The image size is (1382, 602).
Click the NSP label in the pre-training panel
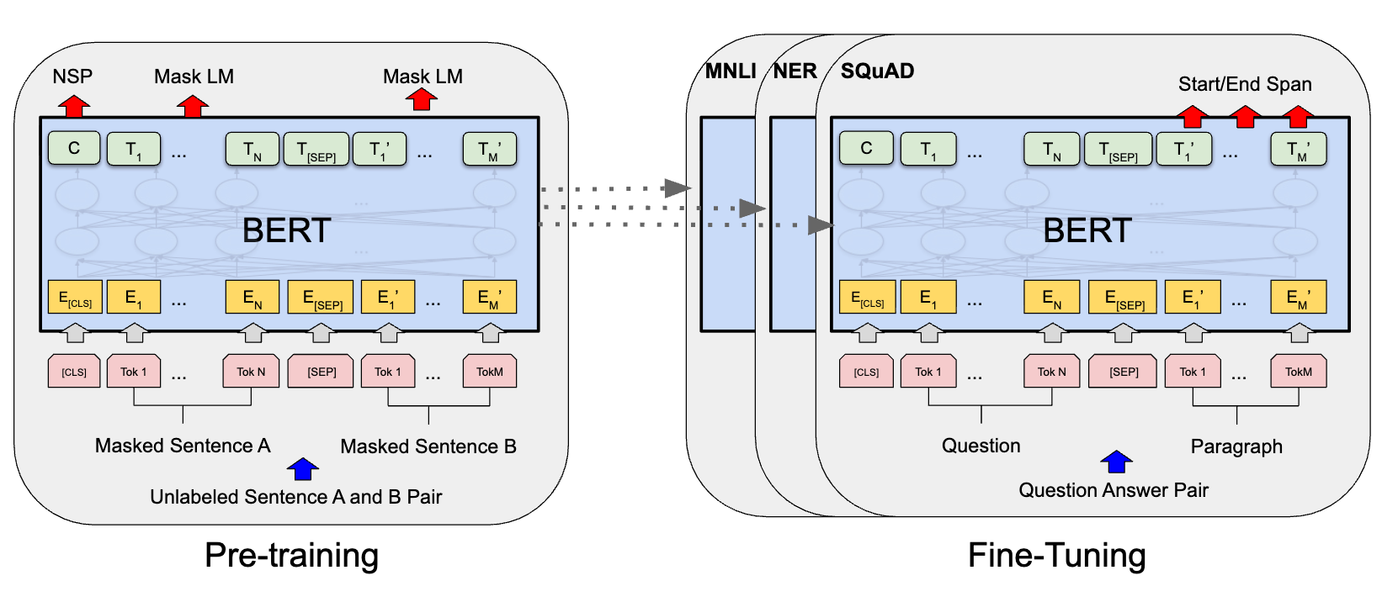[x=72, y=77]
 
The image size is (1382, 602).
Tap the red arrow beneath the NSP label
[x=74, y=106]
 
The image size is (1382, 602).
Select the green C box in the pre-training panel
[x=74, y=148]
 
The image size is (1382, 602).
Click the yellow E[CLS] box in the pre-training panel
[x=75, y=297]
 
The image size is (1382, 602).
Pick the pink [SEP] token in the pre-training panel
[x=321, y=372]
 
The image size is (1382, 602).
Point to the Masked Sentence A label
[x=183, y=446]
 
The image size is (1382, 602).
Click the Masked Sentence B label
[x=428, y=446]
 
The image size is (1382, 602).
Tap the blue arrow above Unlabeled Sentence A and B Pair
[x=303, y=469]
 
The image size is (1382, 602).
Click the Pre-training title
[x=291, y=555]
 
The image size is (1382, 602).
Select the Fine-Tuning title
[x=1057, y=555]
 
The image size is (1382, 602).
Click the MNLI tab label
[x=731, y=71]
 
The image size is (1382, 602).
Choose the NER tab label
[x=795, y=71]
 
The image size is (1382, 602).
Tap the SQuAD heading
[x=877, y=71]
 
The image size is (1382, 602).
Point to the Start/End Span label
[x=1245, y=84]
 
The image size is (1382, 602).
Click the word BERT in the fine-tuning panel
[x=1087, y=230]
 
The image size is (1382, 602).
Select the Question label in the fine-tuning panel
[x=981, y=446]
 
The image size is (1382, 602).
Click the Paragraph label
[x=1236, y=446]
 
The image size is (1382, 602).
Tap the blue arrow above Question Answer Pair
[x=1117, y=462]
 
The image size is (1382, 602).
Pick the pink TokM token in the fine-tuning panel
[x=1298, y=372]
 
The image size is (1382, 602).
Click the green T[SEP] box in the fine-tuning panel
[x=1119, y=149]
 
